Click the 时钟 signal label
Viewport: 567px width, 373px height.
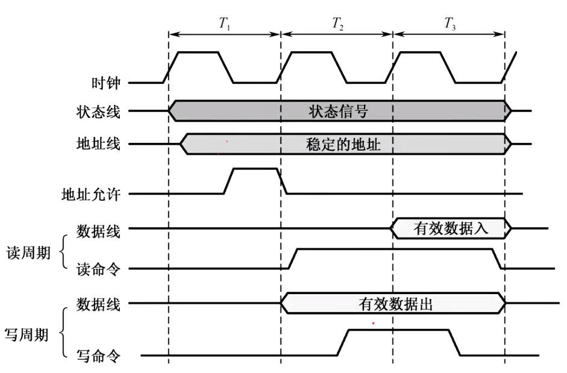click(107, 83)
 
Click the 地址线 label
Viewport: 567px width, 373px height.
click(98, 145)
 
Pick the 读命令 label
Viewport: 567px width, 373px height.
click(98, 269)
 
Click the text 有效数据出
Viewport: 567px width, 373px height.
click(394, 304)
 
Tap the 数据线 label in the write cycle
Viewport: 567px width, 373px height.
click(98, 304)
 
